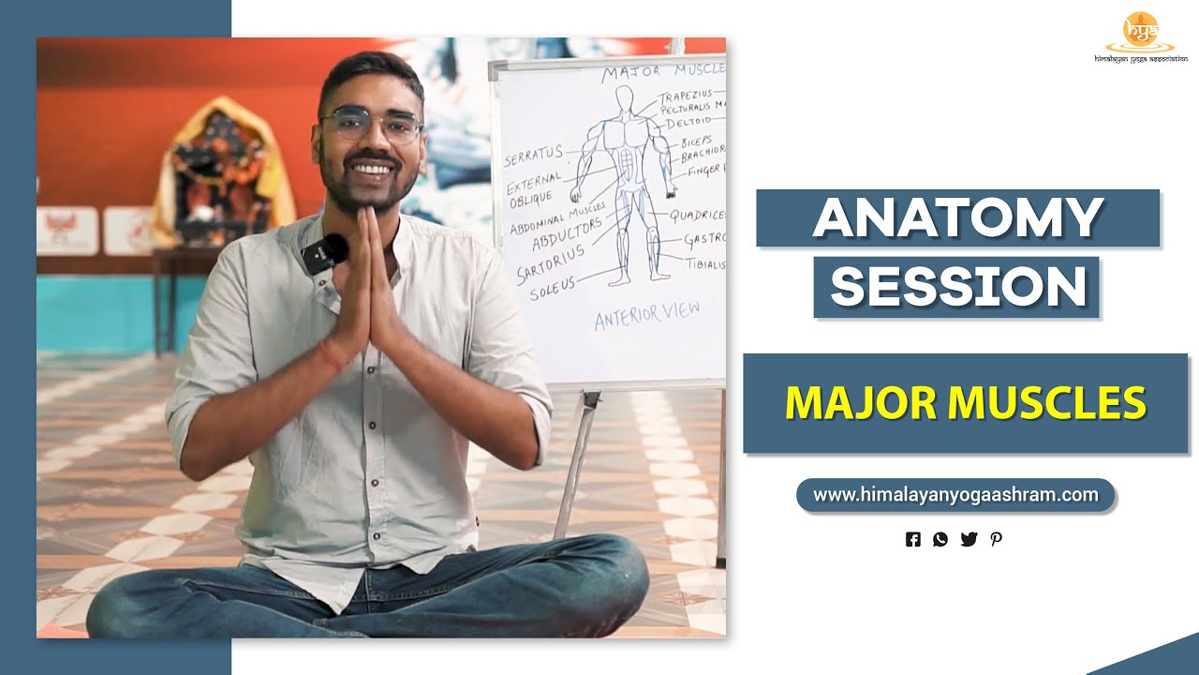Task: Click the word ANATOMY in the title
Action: click(x=957, y=218)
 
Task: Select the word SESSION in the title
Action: click(x=957, y=287)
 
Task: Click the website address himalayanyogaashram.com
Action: click(x=955, y=495)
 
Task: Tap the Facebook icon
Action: click(x=913, y=539)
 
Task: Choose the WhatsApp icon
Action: click(x=940, y=539)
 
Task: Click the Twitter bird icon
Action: click(x=969, y=539)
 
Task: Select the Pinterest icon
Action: click(x=996, y=539)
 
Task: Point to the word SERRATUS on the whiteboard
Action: click(x=533, y=156)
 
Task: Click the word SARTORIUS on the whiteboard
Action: click(x=550, y=263)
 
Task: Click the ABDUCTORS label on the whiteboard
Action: click(x=566, y=234)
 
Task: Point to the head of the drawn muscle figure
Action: click(x=625, y=99)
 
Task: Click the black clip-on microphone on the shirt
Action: click(x=327, y=252)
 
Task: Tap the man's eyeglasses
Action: click(x=370, y=125)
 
